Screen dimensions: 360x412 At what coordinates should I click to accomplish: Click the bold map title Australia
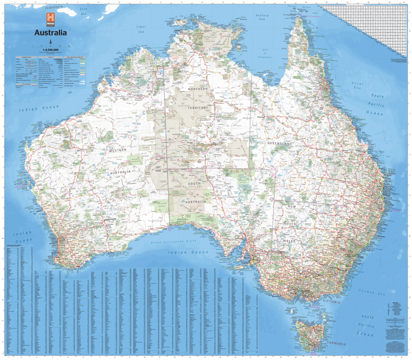coord(50,33)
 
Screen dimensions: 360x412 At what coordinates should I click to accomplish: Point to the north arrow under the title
coord(50,42)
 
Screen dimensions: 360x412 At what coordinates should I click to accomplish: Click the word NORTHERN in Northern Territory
coord(198,90)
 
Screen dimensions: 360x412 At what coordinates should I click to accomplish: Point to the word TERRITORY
coord(198,108)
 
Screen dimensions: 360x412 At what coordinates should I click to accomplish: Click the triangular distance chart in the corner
coord(372,23)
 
